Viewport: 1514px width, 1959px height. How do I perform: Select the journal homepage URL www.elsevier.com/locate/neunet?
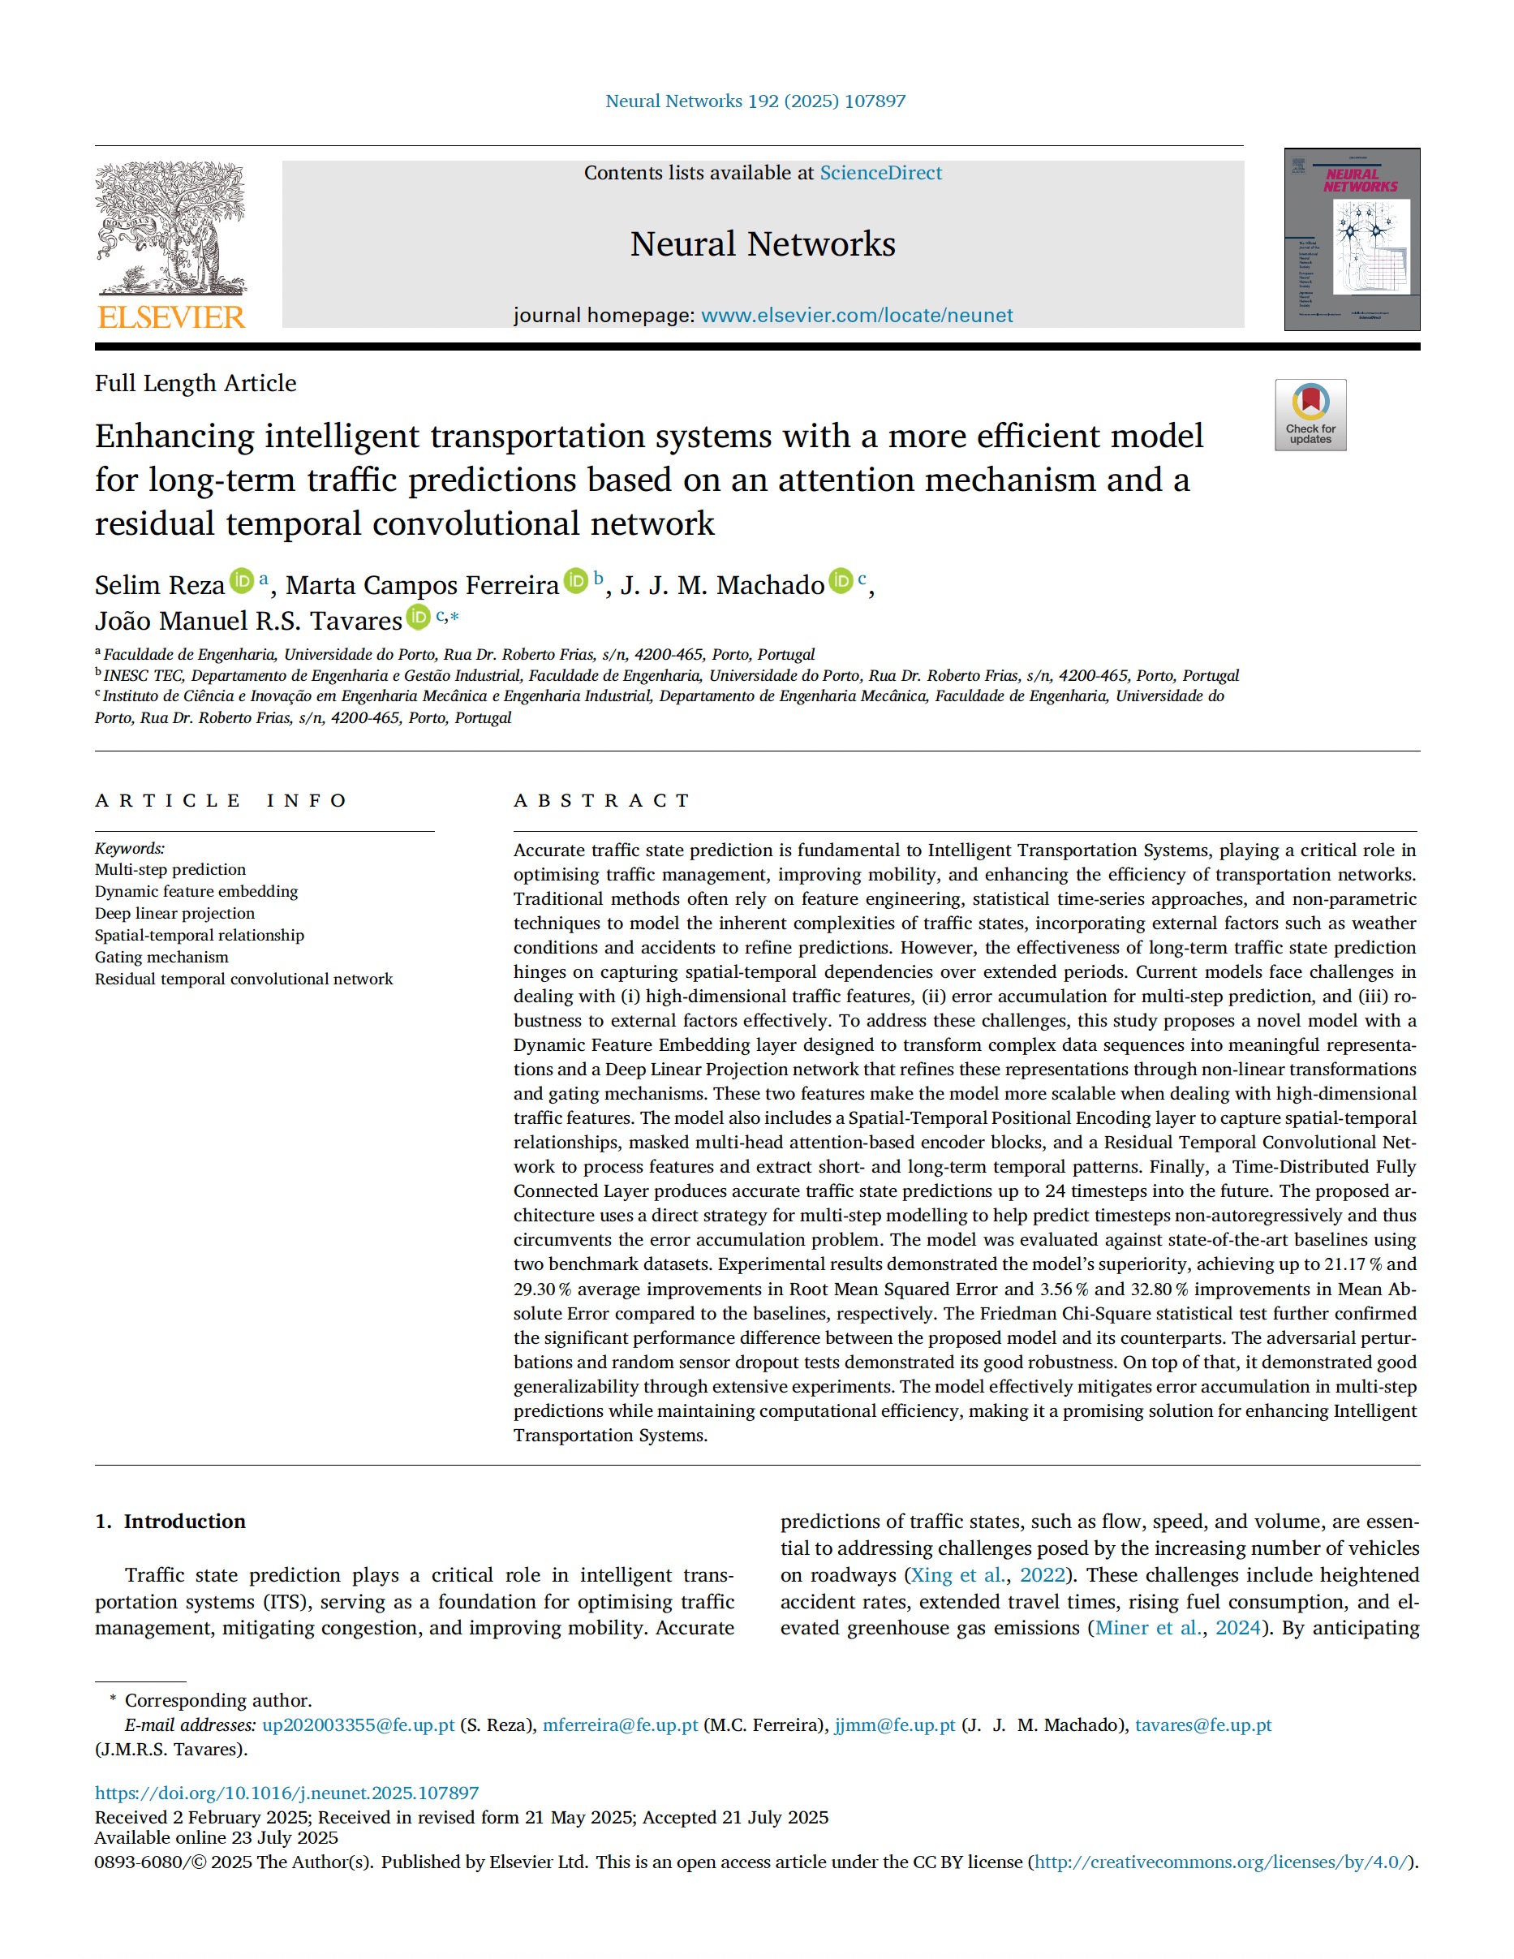pos(857,316)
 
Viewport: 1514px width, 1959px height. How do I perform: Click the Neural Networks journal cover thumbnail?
pos(1352,239)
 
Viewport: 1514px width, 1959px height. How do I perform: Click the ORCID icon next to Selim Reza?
pos(241,581)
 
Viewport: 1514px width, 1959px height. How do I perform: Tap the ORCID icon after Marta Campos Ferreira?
pos(576,581)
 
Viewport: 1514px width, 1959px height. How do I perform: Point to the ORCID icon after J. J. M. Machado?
pos(841,581)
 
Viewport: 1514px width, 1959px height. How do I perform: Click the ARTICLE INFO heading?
pos(221,800)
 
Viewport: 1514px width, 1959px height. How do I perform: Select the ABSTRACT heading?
pos(601,800)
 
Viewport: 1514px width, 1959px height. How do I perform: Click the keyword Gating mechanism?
pos(161,957)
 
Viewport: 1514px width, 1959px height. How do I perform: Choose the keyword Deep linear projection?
pos(175,913)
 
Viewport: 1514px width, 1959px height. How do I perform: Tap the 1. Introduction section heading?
pos(170,1522)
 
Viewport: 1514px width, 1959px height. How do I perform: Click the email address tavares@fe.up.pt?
pos(1202,1725)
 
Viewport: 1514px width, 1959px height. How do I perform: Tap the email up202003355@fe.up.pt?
pos(359,1725)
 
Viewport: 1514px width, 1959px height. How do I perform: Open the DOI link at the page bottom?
pos(287,1793)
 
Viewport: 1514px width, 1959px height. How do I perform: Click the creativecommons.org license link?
pos(1221,1862)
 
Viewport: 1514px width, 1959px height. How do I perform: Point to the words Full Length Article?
pos(196,383)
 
